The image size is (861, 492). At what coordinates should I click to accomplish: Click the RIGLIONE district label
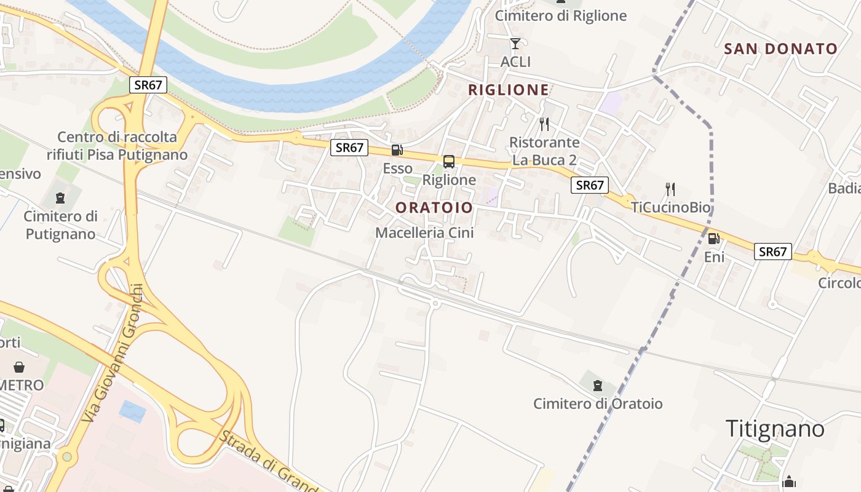(x=509, y=90)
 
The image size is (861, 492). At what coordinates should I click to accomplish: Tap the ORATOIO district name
(x=434, y=208)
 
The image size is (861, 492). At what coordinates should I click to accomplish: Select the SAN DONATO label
(x=781, y=49)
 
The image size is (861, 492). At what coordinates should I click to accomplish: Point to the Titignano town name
(x=775, y=429)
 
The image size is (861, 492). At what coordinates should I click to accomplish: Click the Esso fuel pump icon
(x=397, y=150)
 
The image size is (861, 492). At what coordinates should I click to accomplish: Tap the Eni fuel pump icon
(x=713, y=239)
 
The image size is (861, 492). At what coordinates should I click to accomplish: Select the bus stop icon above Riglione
(x=449, y=162)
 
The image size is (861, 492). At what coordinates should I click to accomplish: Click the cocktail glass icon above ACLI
(x=515, y=43)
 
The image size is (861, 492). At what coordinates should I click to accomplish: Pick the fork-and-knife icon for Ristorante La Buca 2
(x=544, y=124)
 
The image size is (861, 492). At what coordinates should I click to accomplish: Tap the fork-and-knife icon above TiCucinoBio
(x=670, y=189)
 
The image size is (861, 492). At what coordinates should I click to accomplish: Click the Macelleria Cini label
(x=424, y=233)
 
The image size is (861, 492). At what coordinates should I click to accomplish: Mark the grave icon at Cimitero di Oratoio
(x=597, y=386)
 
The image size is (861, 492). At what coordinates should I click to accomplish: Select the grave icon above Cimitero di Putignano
(x=60, y=198)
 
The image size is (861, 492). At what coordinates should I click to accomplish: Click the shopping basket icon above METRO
(x=20, y=367)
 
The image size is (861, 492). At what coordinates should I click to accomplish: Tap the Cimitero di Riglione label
(x=560, y=16)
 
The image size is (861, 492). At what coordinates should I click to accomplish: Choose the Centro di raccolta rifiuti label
(x=117, y=146)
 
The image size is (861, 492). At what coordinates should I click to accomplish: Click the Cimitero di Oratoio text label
(x=598, y=404)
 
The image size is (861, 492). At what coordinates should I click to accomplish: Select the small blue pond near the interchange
(x=132, y=410)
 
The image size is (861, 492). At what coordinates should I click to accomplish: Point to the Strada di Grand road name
(x=268, y=461)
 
